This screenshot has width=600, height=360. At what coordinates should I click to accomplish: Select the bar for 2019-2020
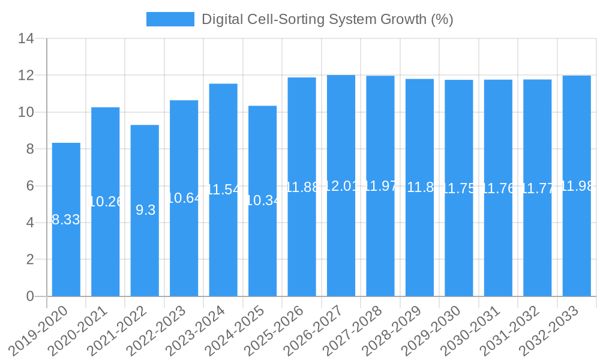click(x=66, y=252)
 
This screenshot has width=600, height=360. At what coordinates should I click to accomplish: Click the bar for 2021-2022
click(x=145, y=252)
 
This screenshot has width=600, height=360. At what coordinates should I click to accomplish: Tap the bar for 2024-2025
click(x=262, y=252)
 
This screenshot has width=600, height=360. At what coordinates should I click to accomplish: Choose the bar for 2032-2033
click(x=577, y=252)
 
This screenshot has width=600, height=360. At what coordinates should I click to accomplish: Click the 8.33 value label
click(x=66, y=220)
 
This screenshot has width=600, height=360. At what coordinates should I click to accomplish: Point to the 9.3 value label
click(x=145, y=210)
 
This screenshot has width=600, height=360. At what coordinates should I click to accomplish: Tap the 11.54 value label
click(x=223, y=190)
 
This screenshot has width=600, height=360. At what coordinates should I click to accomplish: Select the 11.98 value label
click(x=577, y=186)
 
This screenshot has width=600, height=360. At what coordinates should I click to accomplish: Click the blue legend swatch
click(x=170, y=19)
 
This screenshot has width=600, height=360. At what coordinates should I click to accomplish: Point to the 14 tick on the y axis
click(x=26, y=39)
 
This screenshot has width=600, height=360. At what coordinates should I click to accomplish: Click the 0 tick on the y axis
click(x=30, y=296)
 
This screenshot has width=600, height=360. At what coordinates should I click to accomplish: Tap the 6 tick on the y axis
click(x=30, y=186)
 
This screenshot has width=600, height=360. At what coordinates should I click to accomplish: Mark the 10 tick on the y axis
click(x=26, y=112)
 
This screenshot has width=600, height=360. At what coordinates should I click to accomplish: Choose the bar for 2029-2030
click(x=459, y=252)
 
